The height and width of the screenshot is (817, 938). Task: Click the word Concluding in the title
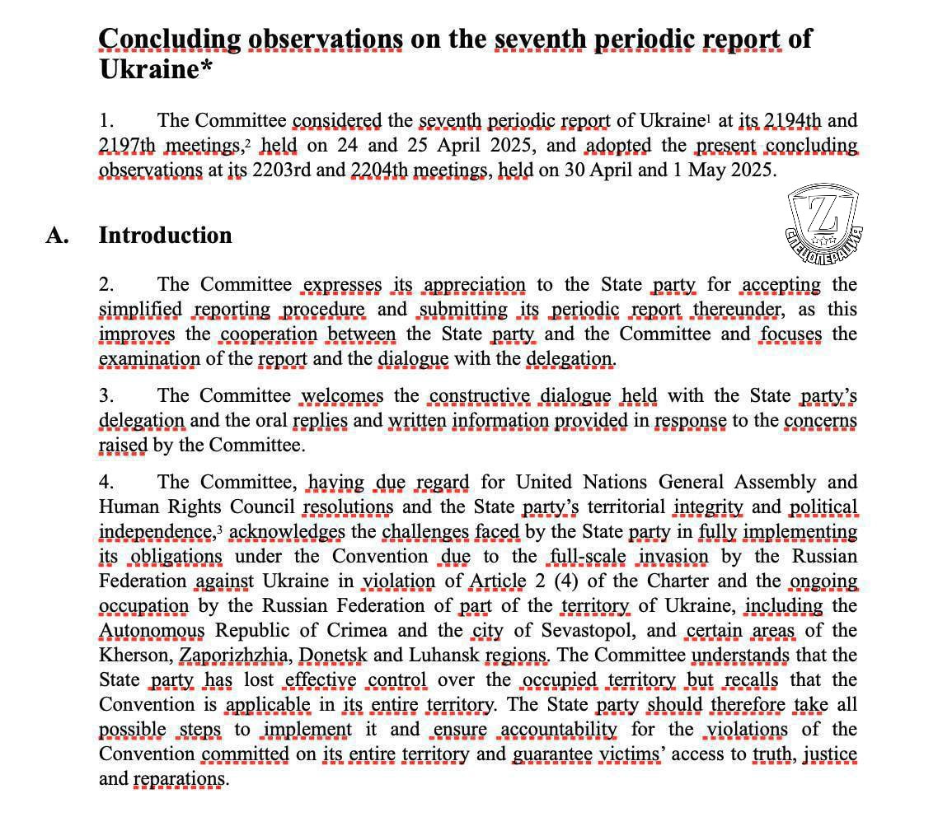click(x=169, y=39)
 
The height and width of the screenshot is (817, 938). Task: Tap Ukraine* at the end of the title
click(x=155, y=69)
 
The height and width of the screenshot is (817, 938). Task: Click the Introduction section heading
click(x=165, y=236)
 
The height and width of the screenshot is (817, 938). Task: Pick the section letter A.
click(x=56, y=236)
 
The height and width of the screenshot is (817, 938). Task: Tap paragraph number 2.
click(x=106, y=285)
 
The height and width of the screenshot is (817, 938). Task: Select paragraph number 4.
click(x=106, y=483)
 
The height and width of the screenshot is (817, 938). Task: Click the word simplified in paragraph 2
click(x=140, y=310)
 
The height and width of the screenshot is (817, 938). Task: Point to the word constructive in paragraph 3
click(x=480, y=396)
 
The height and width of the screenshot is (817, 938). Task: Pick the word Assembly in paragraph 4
click(x=776, y=483)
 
